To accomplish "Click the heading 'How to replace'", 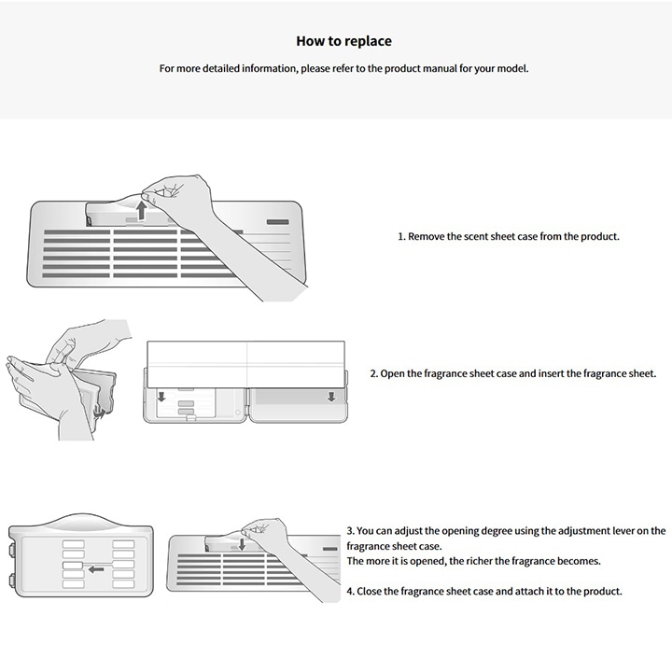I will pos(343,41).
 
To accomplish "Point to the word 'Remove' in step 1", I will pos(427,236).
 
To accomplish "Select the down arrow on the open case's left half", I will pos(162,399).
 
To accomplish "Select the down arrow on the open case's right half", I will pos(331,398).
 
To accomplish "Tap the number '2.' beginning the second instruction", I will pos(373,373).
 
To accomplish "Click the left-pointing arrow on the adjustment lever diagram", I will pos(96,568).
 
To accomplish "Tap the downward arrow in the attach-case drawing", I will pos(241,543).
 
